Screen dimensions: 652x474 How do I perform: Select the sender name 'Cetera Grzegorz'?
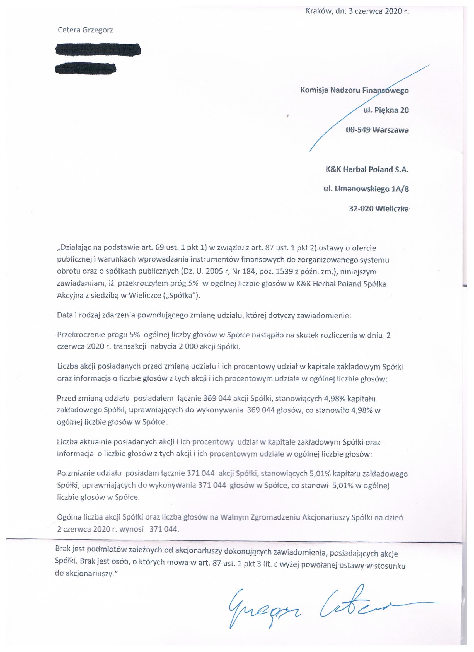85,30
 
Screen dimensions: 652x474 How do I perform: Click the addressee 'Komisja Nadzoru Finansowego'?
354,90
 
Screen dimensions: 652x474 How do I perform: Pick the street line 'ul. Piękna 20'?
386,110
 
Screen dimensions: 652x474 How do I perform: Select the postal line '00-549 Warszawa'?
377,130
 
